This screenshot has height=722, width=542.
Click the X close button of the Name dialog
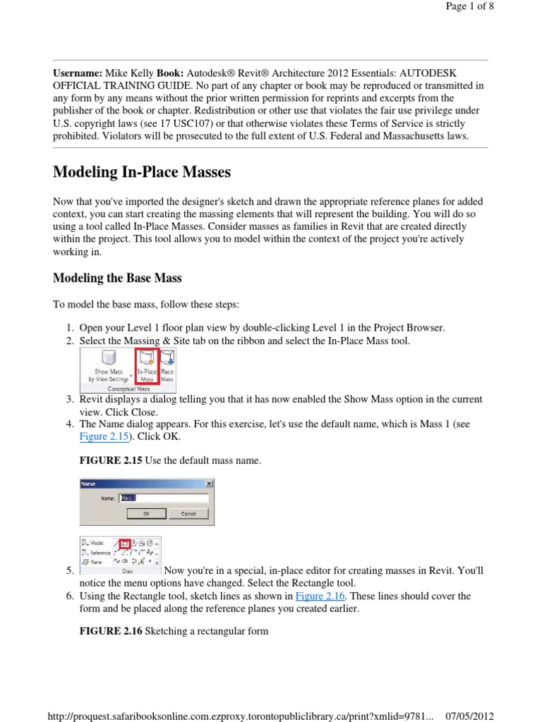pos(209,484)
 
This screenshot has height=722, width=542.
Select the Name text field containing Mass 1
pos(162,498)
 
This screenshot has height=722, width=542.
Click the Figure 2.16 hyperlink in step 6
pos(319,596)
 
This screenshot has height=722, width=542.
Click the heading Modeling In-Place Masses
pos(142,173)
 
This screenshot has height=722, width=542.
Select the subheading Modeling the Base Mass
pos(117,279)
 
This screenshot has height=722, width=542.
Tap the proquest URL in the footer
pos(240,716)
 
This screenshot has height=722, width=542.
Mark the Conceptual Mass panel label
pos(127,388)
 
